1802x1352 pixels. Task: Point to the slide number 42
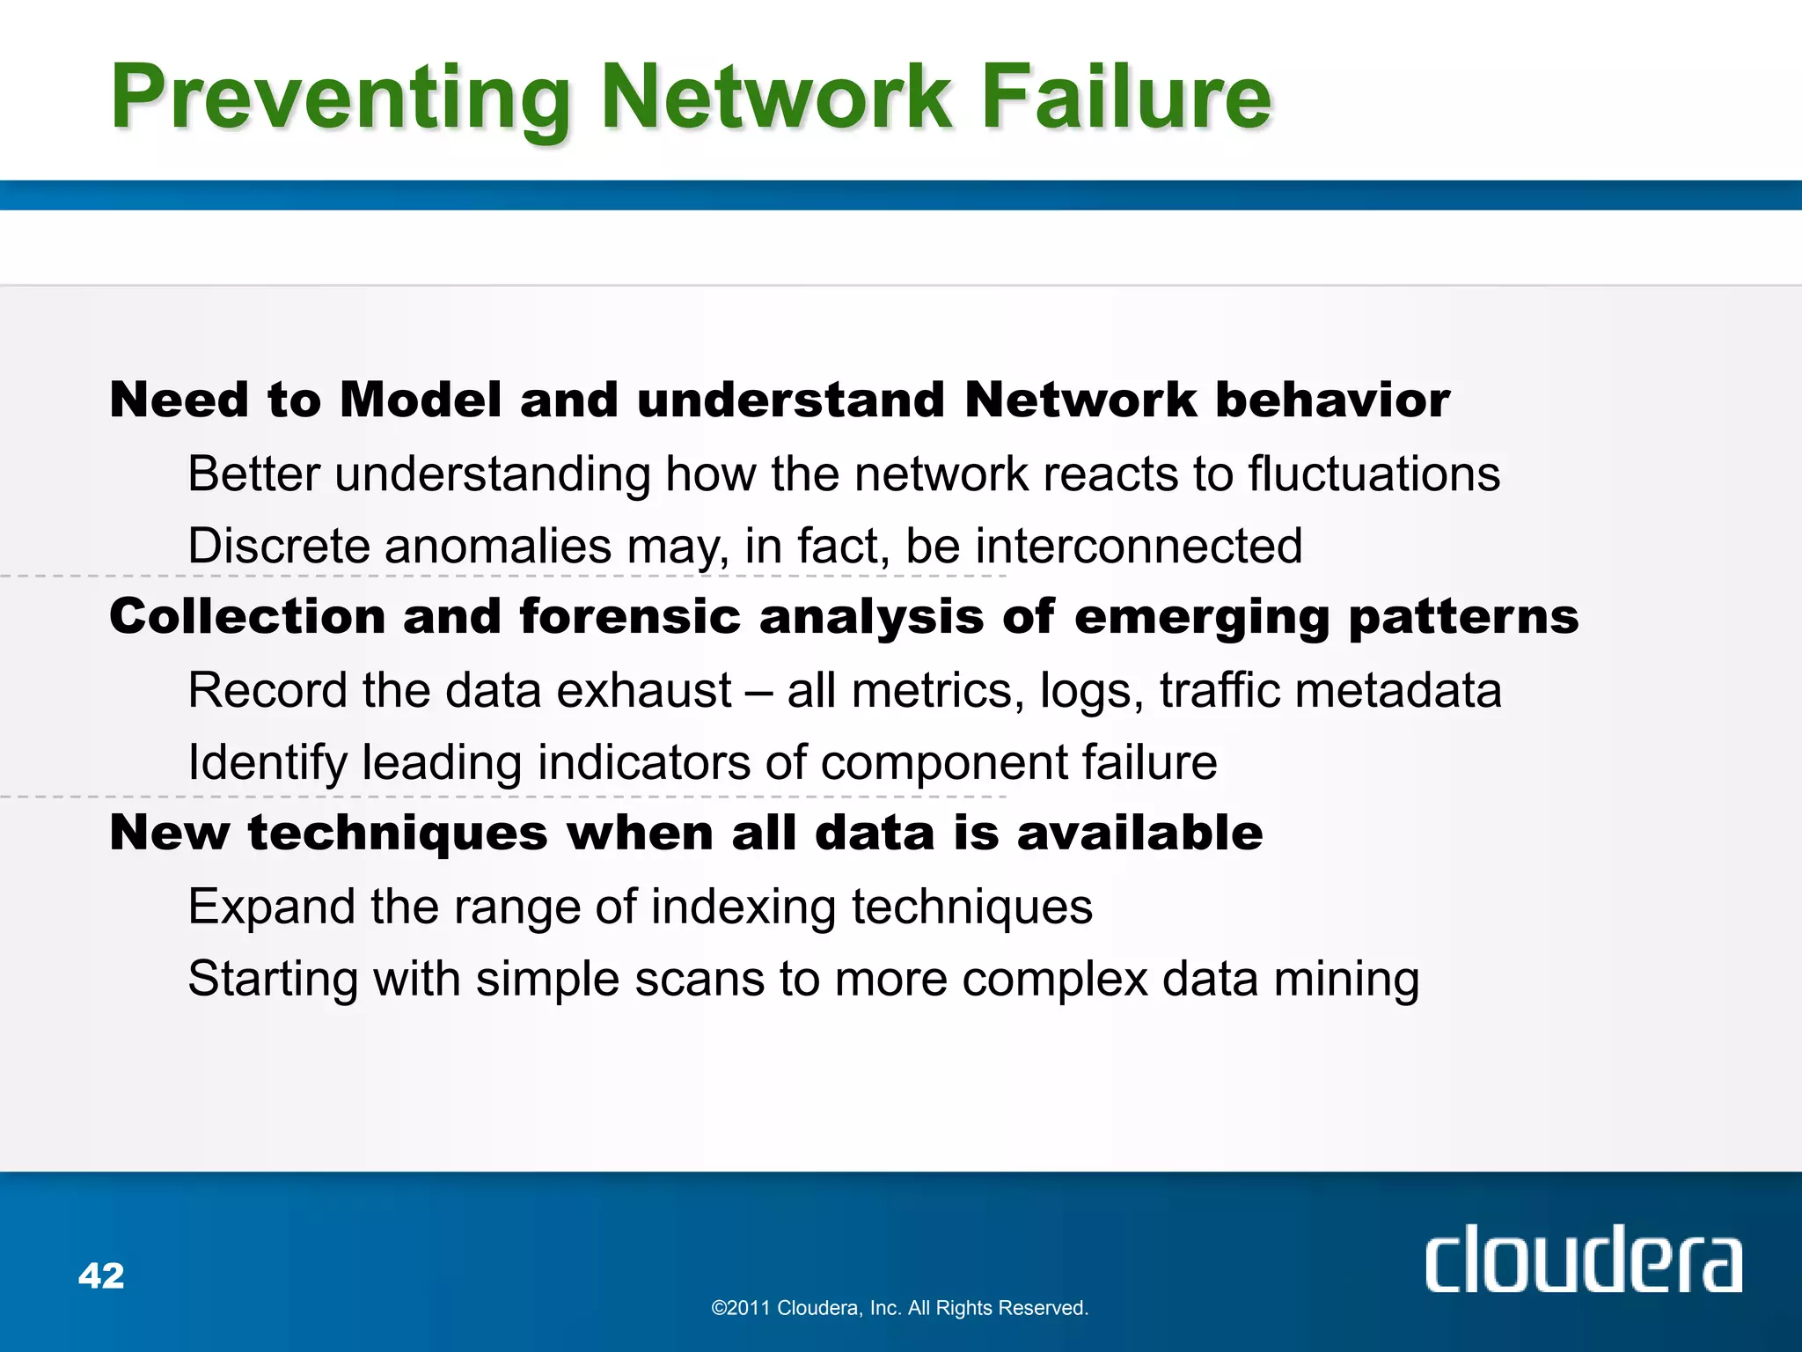[x=101, y=1275]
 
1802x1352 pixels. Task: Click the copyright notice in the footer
[x=899, y=1308]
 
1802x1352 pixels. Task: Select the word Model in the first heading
[x=421, y=400]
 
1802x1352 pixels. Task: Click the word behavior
[x=1332, y=400]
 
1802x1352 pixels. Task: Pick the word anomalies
[x=497, y=546]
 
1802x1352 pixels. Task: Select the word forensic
[x=630, y=616]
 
